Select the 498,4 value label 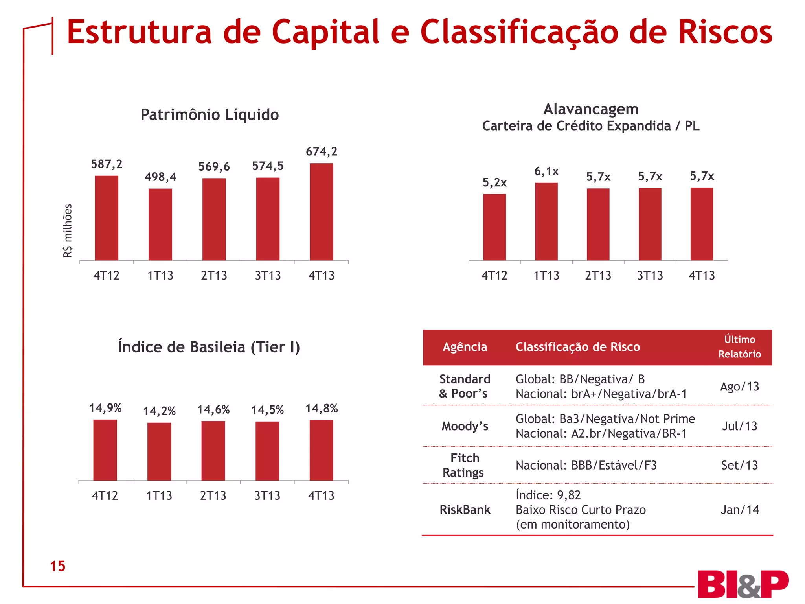point(160,177)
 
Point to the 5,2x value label point(494,183)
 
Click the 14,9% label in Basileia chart point(105,408)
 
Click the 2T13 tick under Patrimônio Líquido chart point(214,275)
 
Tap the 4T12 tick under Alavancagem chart point(494,275)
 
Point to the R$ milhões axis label point(68,231)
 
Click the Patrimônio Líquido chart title point(210,115)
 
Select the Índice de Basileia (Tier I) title point(209,347)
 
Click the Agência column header point(465,347)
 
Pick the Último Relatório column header point(739,347)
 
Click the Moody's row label point(465,426)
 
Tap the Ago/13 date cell point(739,387)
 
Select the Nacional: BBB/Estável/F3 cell point(586,466)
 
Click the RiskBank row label point(465,510)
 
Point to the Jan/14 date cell point(739,510)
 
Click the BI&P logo point(743,584)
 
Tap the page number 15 point(57,566)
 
